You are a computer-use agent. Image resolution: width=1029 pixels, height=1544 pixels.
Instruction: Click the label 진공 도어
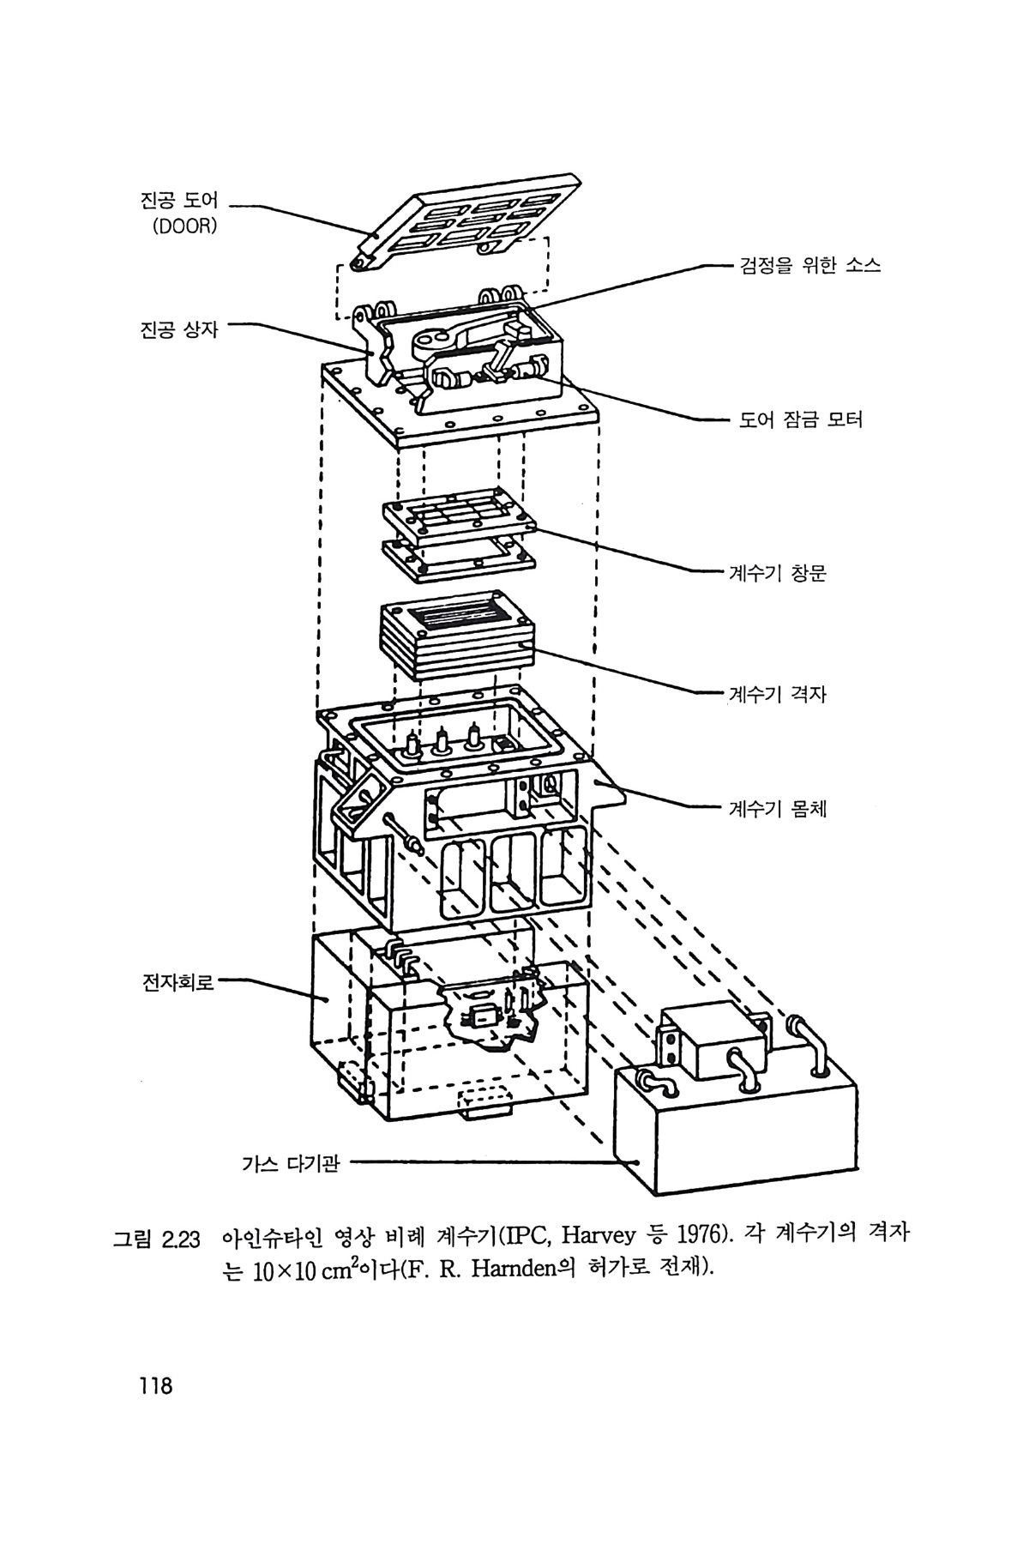[179, 202]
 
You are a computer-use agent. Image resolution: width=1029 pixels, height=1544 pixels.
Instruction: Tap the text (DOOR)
[184, 228]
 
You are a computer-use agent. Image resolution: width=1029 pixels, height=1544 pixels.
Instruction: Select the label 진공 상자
[179, 329]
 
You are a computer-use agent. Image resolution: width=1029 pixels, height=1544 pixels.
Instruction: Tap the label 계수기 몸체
[777, 808]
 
